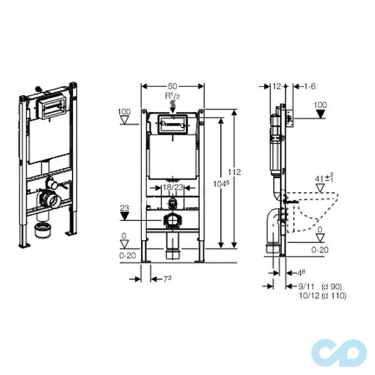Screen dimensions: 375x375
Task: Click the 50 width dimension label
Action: tap(172, 86)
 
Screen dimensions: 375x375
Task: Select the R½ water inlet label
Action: tap(172, 96)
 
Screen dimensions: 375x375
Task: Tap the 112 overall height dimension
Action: tap(234, 172)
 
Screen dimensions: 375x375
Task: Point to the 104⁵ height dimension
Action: tap(221, 184)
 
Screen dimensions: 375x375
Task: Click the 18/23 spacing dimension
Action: tap(172, 187)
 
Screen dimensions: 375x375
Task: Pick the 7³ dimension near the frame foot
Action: tap(167, 279)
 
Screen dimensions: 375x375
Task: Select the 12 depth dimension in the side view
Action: tap(277, 86)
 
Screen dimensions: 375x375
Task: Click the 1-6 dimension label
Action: tap(310, 86)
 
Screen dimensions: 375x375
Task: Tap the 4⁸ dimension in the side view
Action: tap(301, 273)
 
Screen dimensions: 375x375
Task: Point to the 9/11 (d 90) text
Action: tap(320, 286)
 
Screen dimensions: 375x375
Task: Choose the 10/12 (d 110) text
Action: tap(322, 296)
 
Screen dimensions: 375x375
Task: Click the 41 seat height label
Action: tap(324, 178)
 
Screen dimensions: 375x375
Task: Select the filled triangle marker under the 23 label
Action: tap(125, 216)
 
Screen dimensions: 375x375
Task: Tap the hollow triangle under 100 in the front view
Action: tap(125, 120)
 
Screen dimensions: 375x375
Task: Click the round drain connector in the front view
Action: tap(172, 221)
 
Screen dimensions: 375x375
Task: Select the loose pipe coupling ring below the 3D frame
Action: tap(43, 230)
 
